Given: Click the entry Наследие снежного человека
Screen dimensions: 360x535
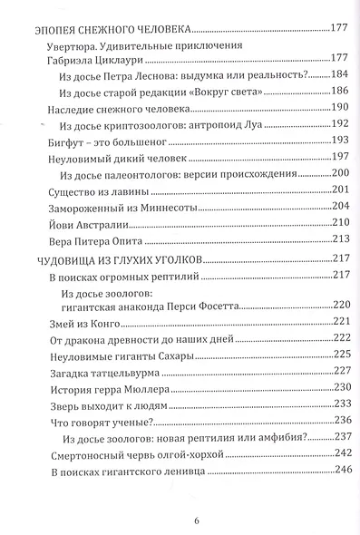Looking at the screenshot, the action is (112, 108).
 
